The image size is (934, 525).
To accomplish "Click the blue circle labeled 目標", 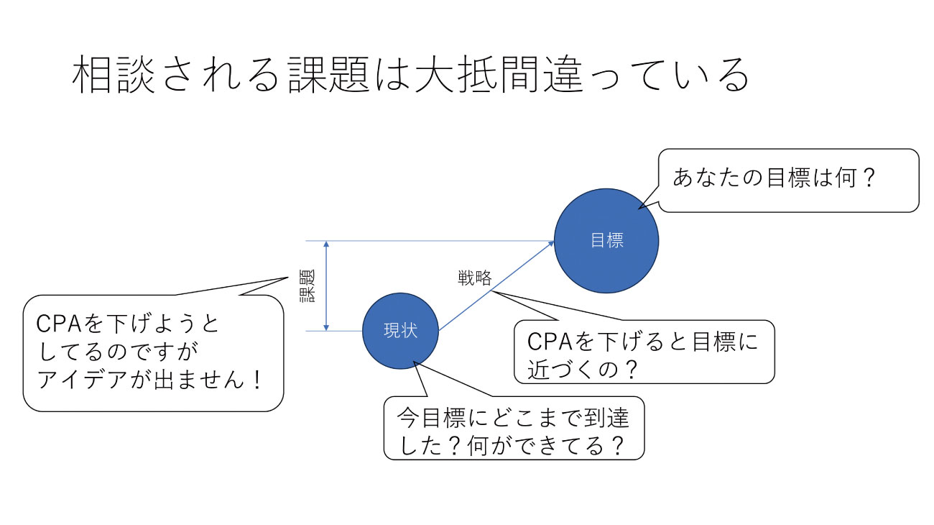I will pos(606,240).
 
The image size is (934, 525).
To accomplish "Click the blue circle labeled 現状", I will pos(400,331).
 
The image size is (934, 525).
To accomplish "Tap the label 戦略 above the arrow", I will pos(475,277).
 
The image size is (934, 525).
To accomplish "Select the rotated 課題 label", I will pos(307,286).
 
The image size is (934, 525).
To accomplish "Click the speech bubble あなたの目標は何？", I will pos(788,180).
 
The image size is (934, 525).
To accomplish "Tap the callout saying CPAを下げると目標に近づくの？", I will pos(644,352).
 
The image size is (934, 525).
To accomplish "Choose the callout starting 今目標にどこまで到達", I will pos(514,428).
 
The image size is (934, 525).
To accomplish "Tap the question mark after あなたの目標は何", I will pos(868,178).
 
